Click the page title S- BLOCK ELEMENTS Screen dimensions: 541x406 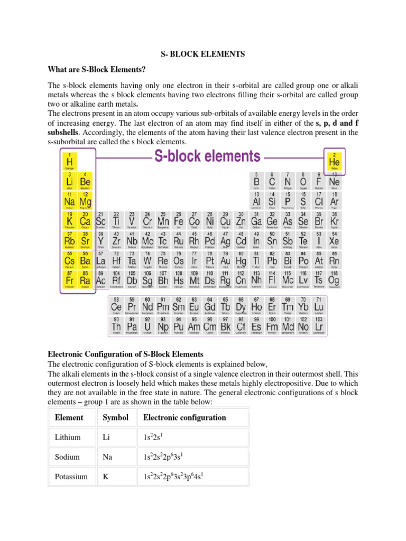click(x=203, y=54)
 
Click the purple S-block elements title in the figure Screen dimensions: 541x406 click(x=207, y=156)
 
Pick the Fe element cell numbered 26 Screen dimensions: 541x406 click(x=179, y=220)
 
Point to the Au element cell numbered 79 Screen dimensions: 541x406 click(x=226, y=260)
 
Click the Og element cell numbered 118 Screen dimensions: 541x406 click(x=334, y=280)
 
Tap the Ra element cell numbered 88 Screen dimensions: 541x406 click(x=85, y=280)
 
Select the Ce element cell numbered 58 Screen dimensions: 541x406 click(x=116, y=307)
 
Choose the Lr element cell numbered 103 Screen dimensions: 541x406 click(x=319, y=327)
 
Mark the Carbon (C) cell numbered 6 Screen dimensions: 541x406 click(x=272, y=181)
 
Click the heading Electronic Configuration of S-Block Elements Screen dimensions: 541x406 click(x=125, y=353)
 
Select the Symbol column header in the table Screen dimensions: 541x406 click(x=115, y=417)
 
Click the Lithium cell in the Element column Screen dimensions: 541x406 click(x=67, y=437)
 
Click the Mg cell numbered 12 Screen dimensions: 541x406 click(x=85, y=201)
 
